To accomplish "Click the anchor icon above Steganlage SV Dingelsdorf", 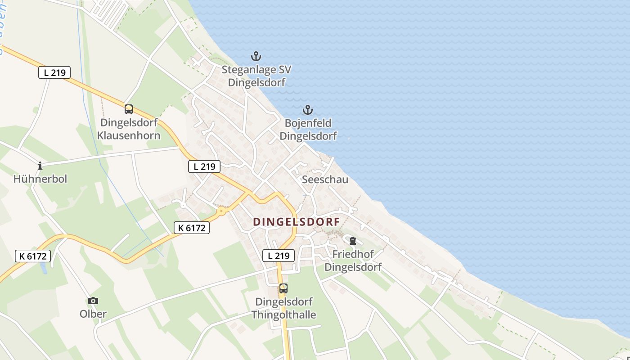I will click(x=256, y=57).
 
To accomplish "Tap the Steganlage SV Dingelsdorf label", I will click(x=256, y=76).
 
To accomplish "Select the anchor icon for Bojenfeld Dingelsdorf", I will click(x=308, y=110).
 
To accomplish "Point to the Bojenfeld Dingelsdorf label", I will click(x=308, y=130).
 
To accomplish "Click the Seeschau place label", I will click(x=325, y=180).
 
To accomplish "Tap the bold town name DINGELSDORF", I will click(x=297, y=222).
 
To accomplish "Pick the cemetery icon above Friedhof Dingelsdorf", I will click(x=353, y=241).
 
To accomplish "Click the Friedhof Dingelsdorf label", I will click(x=353, y=261).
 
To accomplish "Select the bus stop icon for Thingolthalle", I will click(x=283, y=288).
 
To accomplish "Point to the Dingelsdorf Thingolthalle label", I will click(x=283, y=308).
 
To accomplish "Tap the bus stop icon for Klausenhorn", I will click(x=129, y=109).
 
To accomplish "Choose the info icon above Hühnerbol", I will click(x=40, y=166).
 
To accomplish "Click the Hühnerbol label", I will click(x=40, y=179).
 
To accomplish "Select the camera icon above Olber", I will click(x=93, y=301).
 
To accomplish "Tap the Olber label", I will click(x=93, y=314).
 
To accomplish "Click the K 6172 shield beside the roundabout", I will click(x=192, y=228).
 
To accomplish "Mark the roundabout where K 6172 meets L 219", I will click(x=221, y=210).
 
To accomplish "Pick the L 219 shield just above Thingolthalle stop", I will click(x=279, y=256).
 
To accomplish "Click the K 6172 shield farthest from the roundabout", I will click(x=33, y=256).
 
